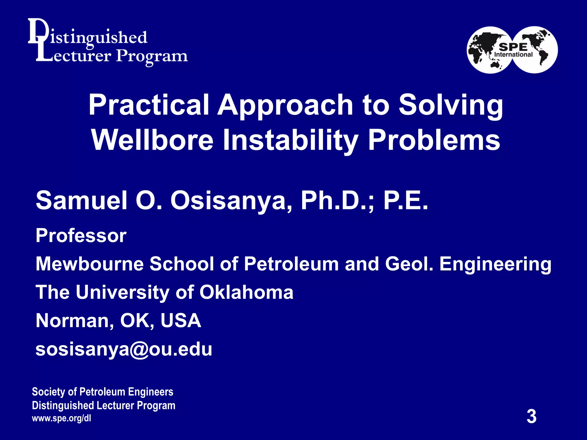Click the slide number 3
tap(531, 417)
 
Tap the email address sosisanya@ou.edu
tap(124, 349)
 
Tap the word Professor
tap(81, 236)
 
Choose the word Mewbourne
tap(89, 264)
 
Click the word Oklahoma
tap(246, 292)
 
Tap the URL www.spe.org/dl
tap(61, 418)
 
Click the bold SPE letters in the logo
tap(513, 47)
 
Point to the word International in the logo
tap(513, 54)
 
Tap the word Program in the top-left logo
tap(152, 56)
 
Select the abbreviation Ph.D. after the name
tap(335, 201)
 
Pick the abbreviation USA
tap(181, 321)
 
